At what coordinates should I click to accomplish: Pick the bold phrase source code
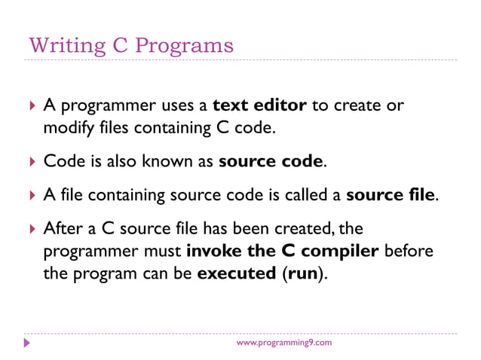[271, 161]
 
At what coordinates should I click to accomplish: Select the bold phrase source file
[391, 195]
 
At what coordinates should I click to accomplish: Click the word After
[63, 227]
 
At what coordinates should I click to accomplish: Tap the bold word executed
[236, 273]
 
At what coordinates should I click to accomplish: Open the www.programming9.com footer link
[283, 343]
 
